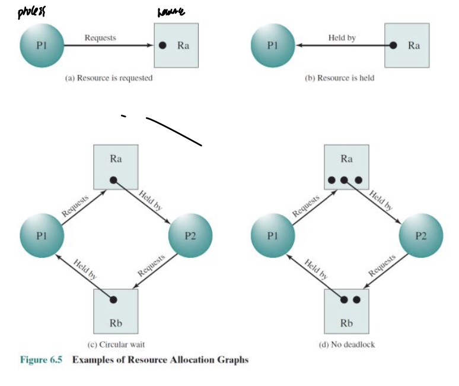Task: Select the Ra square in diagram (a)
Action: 176,46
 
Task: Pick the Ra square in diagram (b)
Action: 407,45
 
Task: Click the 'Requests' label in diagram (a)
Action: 100,37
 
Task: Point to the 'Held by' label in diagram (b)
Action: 342,37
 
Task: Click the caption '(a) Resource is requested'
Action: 108,78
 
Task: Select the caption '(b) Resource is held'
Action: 340,78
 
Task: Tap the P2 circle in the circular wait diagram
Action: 190,235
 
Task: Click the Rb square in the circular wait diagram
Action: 116,311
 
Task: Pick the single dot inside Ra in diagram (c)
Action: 114,180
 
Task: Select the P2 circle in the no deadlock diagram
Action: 421,235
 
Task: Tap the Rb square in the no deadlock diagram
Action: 347,311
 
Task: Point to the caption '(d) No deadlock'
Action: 346,344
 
